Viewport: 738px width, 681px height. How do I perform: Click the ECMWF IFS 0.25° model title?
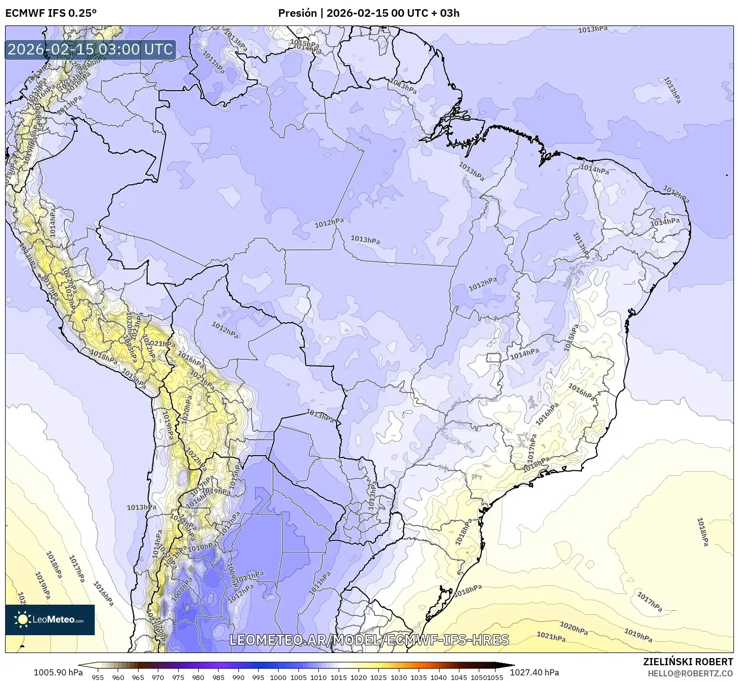[x=51, y=13]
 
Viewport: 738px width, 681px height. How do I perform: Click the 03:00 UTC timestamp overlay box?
[x=90, y=49]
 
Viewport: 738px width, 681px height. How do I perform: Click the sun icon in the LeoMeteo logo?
[x=22, y=619]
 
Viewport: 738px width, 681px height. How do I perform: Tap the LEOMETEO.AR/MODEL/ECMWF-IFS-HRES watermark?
[x=369, y=640]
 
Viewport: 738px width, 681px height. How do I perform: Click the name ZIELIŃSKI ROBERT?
[x=688, y=662]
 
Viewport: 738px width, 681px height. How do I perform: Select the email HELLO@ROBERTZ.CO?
[x=690, y=673]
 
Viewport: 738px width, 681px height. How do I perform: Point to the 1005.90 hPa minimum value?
[x=58, y=672]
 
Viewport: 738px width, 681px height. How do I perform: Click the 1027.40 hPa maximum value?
[x=538, y=672]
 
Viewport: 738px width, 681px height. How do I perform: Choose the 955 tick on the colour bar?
[x=98, y=677]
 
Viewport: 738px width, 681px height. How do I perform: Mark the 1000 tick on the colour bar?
[x=278, y=677]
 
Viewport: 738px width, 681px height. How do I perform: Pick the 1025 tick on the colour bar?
[x=378, y=677]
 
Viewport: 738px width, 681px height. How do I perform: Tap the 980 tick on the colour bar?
[x=198, y=677]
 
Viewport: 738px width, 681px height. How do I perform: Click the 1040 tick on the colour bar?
[x=439, y=677]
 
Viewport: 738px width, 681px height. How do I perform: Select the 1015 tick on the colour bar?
[x=338, y=677]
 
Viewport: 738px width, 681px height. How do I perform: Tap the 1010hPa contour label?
[x=202, y=547]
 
